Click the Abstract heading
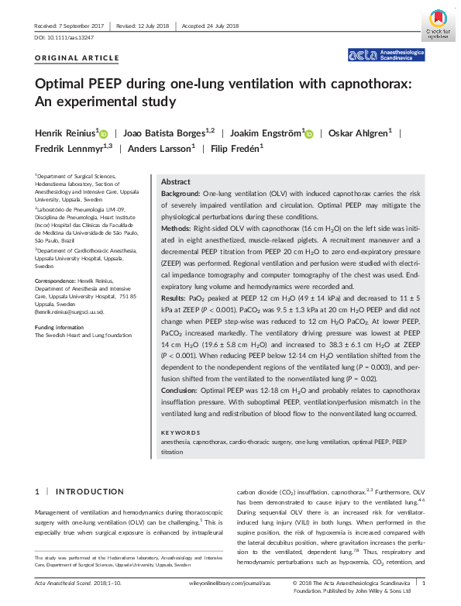tap(176, 181)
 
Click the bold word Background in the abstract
tap(180, 191)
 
